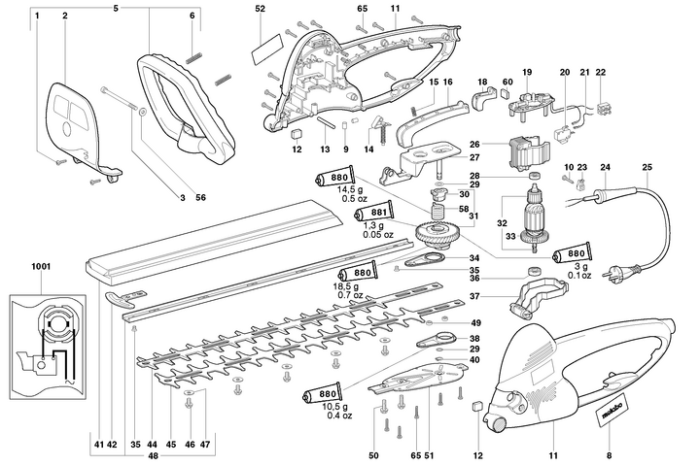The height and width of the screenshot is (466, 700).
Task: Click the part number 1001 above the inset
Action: [x=42, y=264]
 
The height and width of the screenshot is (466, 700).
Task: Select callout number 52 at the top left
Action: [x=260, y=8]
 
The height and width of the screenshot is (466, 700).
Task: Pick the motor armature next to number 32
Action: [x=533, y=218]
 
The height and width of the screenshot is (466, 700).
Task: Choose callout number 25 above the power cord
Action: [x=647, y=168]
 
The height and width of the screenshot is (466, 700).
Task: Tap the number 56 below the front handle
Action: [x=201, y=197]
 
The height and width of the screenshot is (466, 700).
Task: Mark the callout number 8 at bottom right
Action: [x=609, y=428]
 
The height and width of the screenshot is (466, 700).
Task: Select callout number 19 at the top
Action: [x=527, y=73]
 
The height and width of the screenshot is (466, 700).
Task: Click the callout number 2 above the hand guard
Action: [x=64, y=17]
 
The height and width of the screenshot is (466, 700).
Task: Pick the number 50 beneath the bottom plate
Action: [x=373, y=428]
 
